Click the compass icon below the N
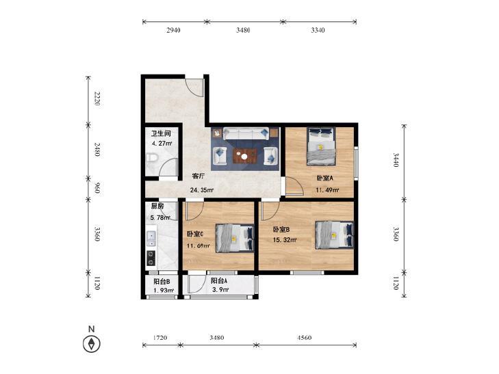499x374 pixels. [92, 343]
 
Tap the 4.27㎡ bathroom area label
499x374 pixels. [162, 144]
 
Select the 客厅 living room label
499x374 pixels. [198, 176]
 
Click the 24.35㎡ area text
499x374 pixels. [202, 190]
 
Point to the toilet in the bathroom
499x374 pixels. [151, 159]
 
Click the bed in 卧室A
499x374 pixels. [321, 146]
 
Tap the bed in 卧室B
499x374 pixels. [334, 235]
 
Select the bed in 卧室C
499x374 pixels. [235, 238]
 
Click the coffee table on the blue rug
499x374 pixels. [244, 156]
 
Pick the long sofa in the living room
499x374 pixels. [245, 133]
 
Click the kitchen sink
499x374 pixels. [151, 239]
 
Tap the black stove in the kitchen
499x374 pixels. [151, 258]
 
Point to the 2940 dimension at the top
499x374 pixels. [173, 30]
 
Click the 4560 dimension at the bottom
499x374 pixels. [305, 338]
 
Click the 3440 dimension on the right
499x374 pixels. [396, 160]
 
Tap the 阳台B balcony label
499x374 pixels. [162, 281]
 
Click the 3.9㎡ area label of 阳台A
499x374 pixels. [220, 290]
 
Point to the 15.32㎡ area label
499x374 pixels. [285, 240]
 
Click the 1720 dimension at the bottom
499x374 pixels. [159, 338]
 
